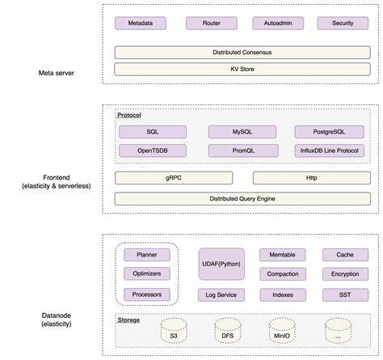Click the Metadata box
click(141, 23)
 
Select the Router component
click(212, 23)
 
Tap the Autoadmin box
click(278, 23)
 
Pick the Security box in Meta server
click(343, 23)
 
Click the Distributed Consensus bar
click(242, 53)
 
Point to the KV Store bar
click(242, 69)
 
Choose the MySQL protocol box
click(242, 132)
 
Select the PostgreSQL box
click(329, 132)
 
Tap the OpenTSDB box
click(153, 150)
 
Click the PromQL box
click(243, 150)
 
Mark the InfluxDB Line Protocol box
click(330, 150)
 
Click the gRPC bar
click(174, 178)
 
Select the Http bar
click(312, 178)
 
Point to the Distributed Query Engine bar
click(242, 199)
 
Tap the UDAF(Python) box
click(221, 264)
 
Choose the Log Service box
click(221, 294)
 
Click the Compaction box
click(283, 274)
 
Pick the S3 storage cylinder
click(174, 331)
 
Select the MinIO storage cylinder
click(282, 331)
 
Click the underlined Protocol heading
click(129, 115)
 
